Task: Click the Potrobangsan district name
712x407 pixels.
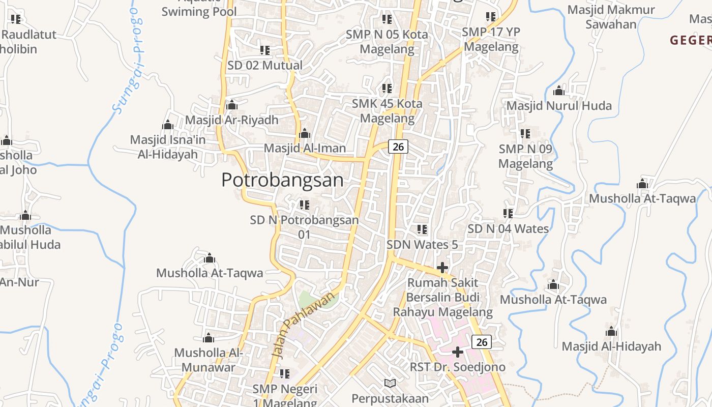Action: click(282, 180)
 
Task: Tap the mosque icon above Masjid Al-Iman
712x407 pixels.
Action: click(305, 134)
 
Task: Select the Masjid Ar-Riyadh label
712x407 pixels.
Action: click(231, 120)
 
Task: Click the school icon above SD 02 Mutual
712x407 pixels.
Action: click(264, 50)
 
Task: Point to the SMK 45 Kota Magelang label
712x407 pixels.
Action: click(387, 111)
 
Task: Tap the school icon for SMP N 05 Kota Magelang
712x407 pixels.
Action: click(387, 19)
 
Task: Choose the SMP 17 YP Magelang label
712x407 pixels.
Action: click(491, 39)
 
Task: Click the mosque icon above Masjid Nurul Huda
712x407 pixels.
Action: click(559, 91)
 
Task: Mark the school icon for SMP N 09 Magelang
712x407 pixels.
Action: click(525, 134)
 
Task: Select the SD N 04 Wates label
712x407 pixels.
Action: click(508, 229)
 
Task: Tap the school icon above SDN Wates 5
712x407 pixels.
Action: click(422, 229)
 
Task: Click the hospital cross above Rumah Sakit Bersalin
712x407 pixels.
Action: click(442, 267)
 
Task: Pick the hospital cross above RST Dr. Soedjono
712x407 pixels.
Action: click(458, 352)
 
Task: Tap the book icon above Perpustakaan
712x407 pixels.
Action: click(390, 383)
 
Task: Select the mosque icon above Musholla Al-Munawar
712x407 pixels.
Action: click(209, 338)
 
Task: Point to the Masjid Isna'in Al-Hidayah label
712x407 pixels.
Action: click(167, 147)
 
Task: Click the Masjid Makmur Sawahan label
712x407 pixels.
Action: click(611, 17)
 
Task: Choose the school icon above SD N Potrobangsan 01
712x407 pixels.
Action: click(305, 205)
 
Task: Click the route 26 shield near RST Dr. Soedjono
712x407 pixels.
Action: click(482, 342)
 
